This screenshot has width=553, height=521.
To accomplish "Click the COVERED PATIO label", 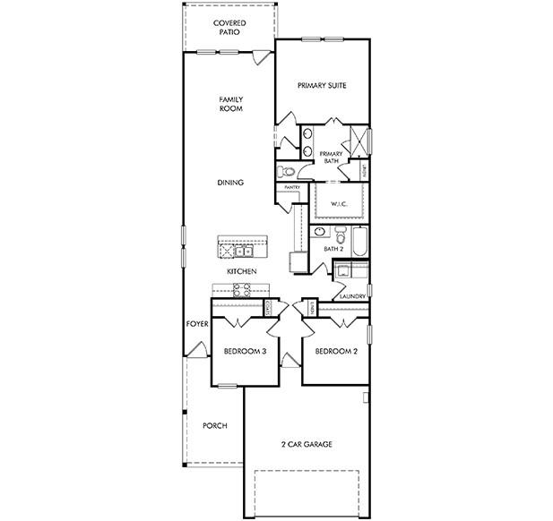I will click(230, 27).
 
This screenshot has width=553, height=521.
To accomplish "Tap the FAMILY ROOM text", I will click(232, 104).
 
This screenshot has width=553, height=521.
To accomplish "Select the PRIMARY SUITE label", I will click(322, 86).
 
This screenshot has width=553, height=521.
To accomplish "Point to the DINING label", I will click(230, 183).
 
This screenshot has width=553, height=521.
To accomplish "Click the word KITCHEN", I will click(242, 271).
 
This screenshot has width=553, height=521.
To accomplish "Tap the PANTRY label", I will click(290, 188).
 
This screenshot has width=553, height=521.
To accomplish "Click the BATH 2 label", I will click(334, 248).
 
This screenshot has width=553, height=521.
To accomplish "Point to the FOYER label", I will click(197, 323).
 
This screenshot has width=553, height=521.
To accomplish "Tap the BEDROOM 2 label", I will click(336, 352).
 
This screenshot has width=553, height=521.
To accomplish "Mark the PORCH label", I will click(214, 425).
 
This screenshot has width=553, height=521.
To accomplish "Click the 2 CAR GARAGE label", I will click(307, 444).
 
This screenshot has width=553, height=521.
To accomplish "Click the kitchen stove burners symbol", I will click(241, 288).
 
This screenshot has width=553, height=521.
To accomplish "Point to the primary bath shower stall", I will click(359, 141).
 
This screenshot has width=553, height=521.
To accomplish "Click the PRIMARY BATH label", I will click(332, 157).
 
